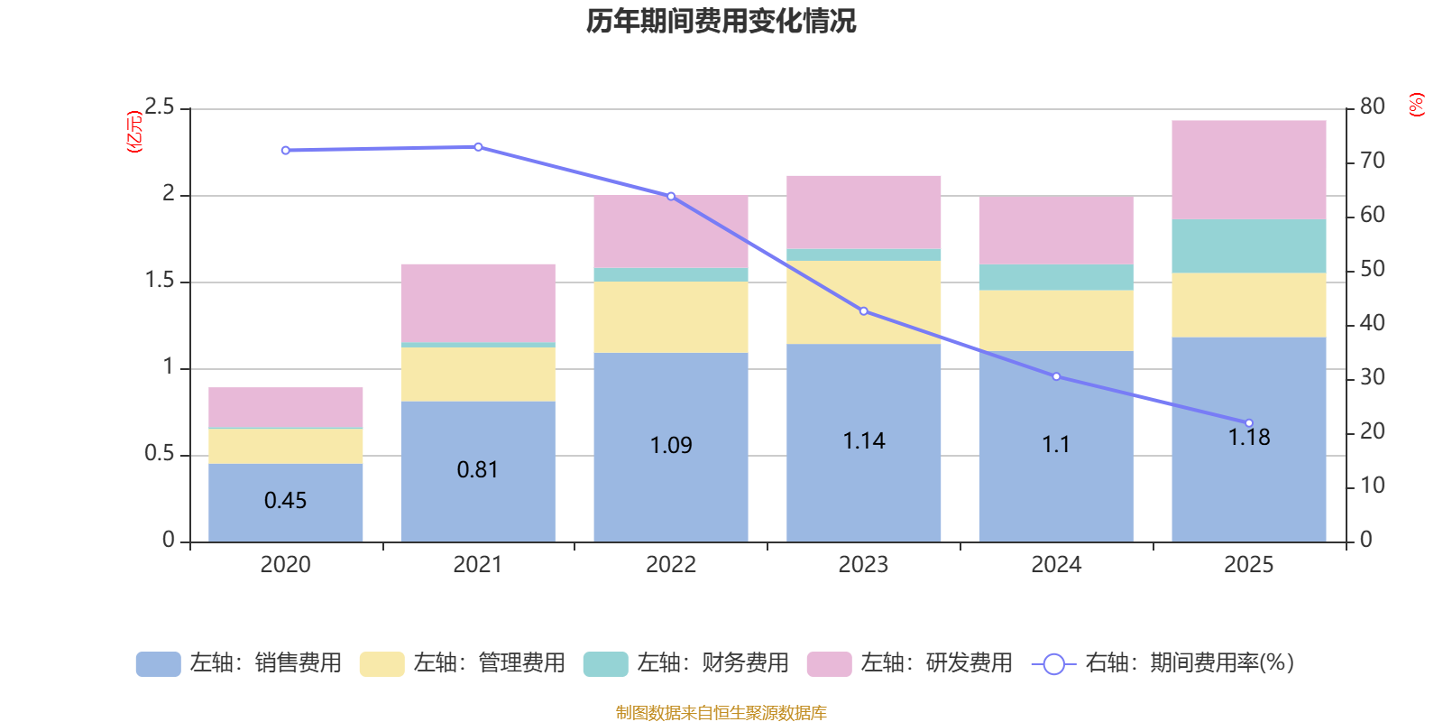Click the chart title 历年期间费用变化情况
pos(721,21)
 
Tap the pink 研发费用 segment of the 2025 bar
pos(1248,170)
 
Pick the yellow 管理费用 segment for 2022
pos(670,317)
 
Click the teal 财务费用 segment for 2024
pos(1055,277)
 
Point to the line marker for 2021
pos(478,147)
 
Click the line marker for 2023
pos(863,311)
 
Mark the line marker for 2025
pos(1248,423)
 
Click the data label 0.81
pos(477,469)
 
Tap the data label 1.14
pos(863,440)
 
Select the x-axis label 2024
pos(1055,565)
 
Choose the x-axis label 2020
pos(285,565)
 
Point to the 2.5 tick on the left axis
pos(160,108)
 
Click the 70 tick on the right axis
pos(1372,161)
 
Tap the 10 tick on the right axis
pos(1372,486)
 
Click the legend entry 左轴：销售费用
pos(239,663)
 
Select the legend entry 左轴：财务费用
pos(686,663)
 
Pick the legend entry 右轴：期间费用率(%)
pos(1163,663)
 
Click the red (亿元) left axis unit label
pos(135,132)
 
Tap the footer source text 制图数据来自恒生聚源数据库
pos(721,713)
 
